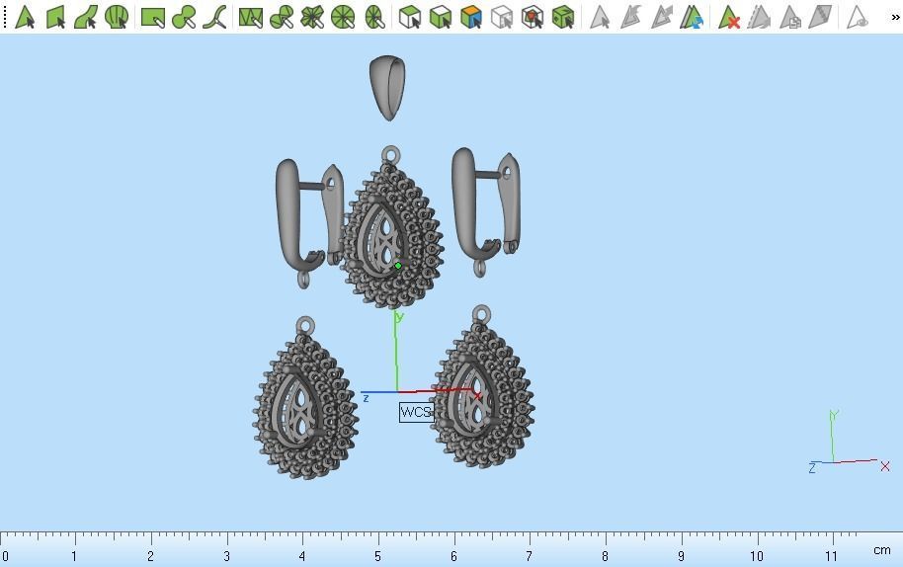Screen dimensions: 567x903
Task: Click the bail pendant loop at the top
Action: (387, 87)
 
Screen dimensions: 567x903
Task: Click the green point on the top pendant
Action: (398, 266)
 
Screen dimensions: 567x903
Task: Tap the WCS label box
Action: (416, 412)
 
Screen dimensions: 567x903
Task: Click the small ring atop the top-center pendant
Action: (391, 155)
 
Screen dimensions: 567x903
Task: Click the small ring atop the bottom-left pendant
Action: (305, 325)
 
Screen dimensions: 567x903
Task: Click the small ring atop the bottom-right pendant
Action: (481, 314)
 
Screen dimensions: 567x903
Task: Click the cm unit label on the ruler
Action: (881, 550)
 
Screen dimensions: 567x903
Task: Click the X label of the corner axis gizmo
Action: (885, 465)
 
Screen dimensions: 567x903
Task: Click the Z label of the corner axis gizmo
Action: (812, 468)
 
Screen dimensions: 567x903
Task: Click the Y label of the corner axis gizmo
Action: (835, 416)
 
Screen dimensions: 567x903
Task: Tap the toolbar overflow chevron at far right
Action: (895, 17)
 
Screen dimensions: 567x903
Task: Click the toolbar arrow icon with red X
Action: (729, 17)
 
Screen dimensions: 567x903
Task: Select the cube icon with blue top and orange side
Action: (471, 17)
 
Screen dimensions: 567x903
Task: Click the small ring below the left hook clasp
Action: (304, 280)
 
